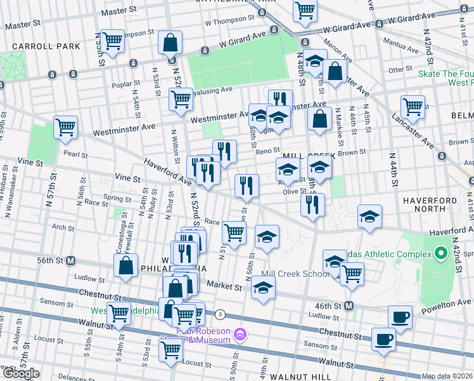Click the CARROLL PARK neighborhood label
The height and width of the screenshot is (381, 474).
click(x=41, y=46)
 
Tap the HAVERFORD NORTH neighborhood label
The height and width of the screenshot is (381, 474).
click(x=435, y=200)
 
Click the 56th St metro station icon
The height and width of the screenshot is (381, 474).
click(x=71, y=260)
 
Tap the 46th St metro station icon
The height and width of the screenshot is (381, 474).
click(x=349, y=305)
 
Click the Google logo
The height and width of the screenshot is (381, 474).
click(x=20, y=373)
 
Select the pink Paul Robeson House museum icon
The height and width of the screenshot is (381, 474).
click(x=240, y=333)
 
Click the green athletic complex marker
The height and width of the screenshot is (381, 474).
click(x=441, y=255)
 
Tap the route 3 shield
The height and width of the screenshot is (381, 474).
click(x=220, y=314)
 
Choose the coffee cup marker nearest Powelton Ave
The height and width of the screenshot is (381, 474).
click(x=400, y=316)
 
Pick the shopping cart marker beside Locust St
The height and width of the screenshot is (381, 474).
click(x=171, y=349)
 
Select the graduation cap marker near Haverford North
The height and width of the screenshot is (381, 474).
click(x=369, y=216)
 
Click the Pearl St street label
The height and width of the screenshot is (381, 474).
click(x=75, y=154)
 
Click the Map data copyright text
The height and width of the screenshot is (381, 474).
click(x=446, y=376)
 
